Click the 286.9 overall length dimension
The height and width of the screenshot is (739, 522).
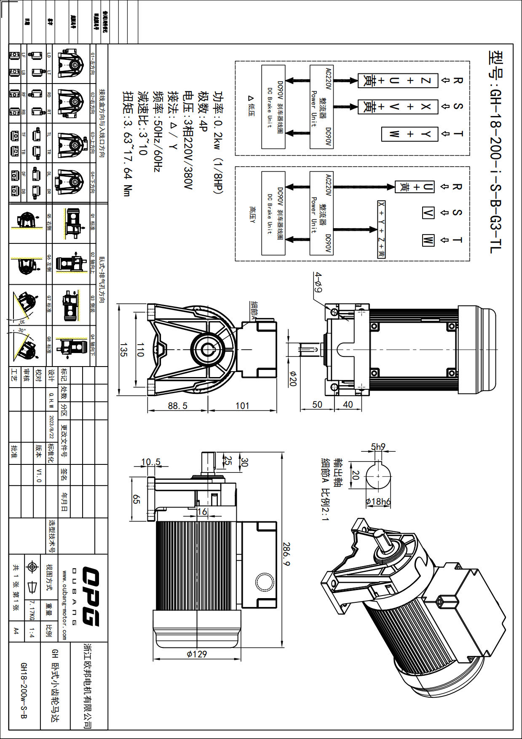coord(286,554)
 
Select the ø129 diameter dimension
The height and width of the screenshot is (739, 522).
coord(197,654)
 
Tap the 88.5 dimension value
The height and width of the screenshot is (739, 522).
coord(177,406)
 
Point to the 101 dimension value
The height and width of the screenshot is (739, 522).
coord(242,406)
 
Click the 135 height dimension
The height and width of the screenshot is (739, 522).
coord(123,350)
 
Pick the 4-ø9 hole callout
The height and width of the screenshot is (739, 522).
coord(318,282)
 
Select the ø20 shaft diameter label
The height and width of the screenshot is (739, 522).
coord(293,378)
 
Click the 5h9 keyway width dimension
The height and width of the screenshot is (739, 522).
coord(378,447)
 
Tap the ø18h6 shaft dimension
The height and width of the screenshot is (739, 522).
coord(378,502)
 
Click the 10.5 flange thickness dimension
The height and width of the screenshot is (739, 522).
coord(150,462)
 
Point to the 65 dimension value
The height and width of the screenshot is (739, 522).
coord(136,499)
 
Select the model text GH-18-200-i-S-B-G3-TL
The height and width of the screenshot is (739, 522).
coord(495,152)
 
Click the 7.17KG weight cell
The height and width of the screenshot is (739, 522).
coord(32,611)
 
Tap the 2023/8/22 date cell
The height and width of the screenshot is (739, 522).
coord(51,426)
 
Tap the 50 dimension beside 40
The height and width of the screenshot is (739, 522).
coord(317,404)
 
